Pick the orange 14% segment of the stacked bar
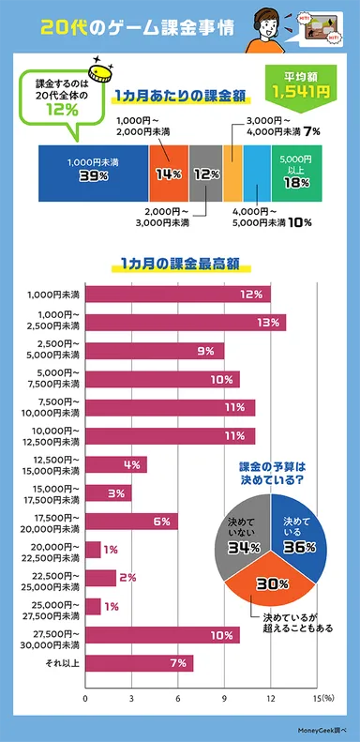point(169,173)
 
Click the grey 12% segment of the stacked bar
point(205,173)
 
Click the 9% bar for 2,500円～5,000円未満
point(155,351)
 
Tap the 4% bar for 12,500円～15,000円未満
point(116,464)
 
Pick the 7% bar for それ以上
point(140,663)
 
